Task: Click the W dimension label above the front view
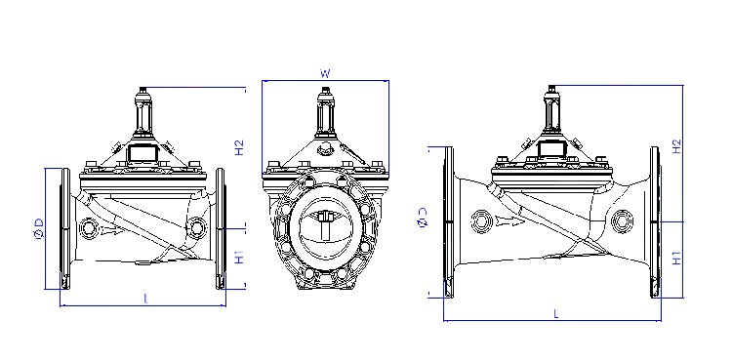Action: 325,73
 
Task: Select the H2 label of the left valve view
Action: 239,147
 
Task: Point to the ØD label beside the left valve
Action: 40,229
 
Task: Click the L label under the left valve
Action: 146,299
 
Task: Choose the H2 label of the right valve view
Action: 677,146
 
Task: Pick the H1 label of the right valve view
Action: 677,258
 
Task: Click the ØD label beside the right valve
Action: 422,218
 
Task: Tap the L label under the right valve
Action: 556,314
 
